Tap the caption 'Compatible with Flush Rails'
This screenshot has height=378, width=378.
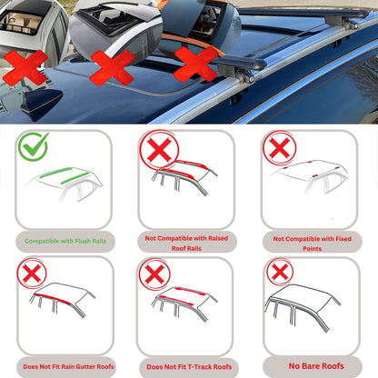coord(68,241)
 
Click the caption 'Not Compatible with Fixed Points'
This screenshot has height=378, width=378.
coord(310,241)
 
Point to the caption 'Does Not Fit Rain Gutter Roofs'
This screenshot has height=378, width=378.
coord(68,366)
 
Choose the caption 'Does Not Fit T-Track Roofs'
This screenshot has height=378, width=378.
coord(188,366)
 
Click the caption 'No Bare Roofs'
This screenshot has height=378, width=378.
coord(310,366)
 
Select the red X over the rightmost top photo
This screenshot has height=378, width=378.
coord(194,64)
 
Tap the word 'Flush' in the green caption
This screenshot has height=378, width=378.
coord(84,241)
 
